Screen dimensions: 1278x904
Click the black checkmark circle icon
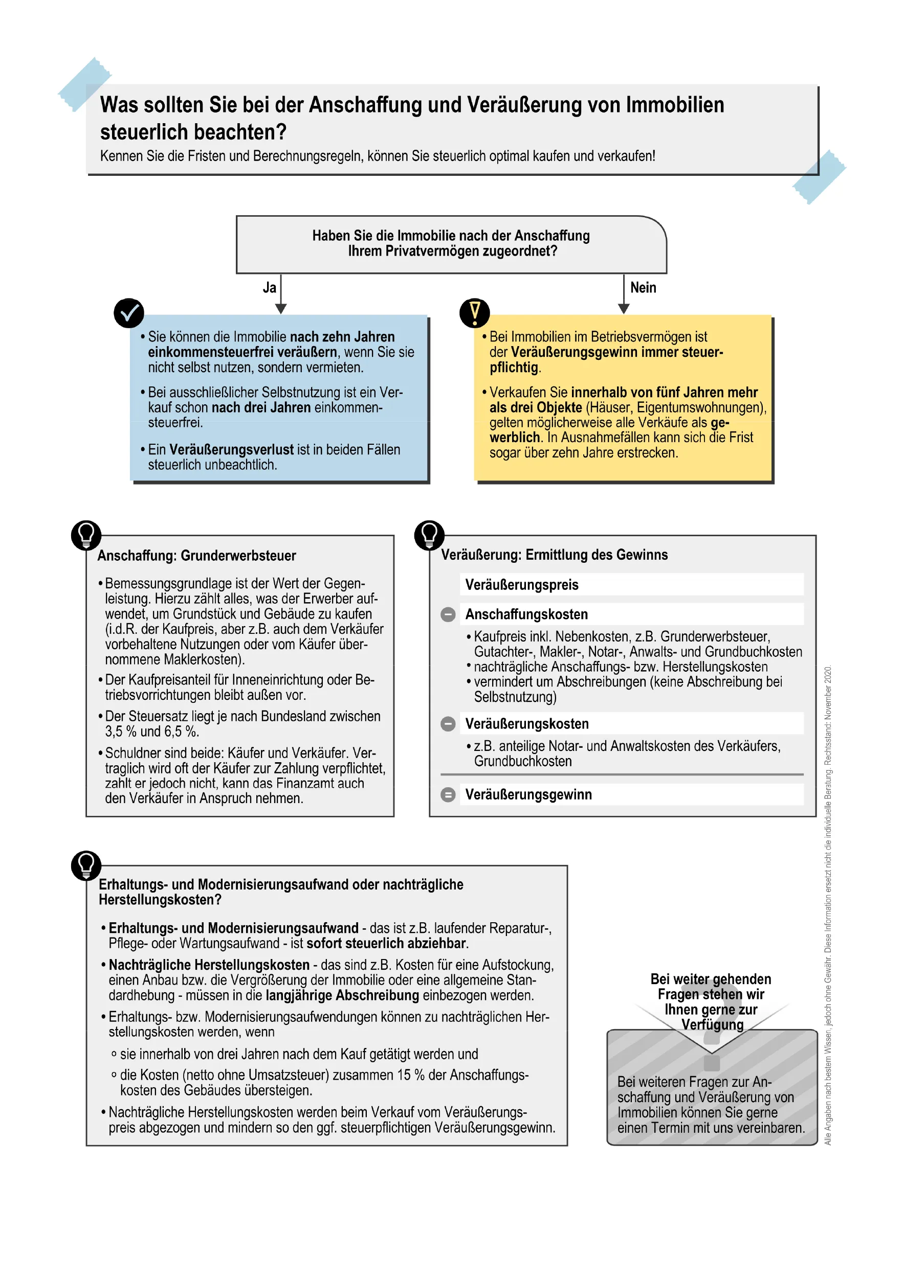click(128, 313)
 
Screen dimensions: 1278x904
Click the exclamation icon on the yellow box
click(474, 313)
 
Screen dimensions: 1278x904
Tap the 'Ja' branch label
click(269, 288)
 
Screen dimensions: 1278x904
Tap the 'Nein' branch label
click(643, 288)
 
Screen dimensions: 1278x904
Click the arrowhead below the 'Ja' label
click(281, 308)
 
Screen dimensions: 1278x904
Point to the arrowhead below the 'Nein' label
click(623, 308)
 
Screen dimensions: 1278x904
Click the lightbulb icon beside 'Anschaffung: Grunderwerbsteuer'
click(86, 535)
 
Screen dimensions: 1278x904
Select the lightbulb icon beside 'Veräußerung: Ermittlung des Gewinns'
click(429, 535)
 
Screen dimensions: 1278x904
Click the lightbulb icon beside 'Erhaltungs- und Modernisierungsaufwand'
click(86, 865)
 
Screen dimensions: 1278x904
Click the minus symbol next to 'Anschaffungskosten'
click(448, 614)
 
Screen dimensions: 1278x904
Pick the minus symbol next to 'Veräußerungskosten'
click(448, 724)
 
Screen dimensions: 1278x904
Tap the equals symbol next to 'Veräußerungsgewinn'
click(448, 795)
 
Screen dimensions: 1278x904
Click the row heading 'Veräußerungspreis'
click(522, 585)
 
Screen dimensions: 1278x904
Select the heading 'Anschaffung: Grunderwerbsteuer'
click(196, 556)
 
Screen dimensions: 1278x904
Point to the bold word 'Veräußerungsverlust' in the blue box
click(231, 450)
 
